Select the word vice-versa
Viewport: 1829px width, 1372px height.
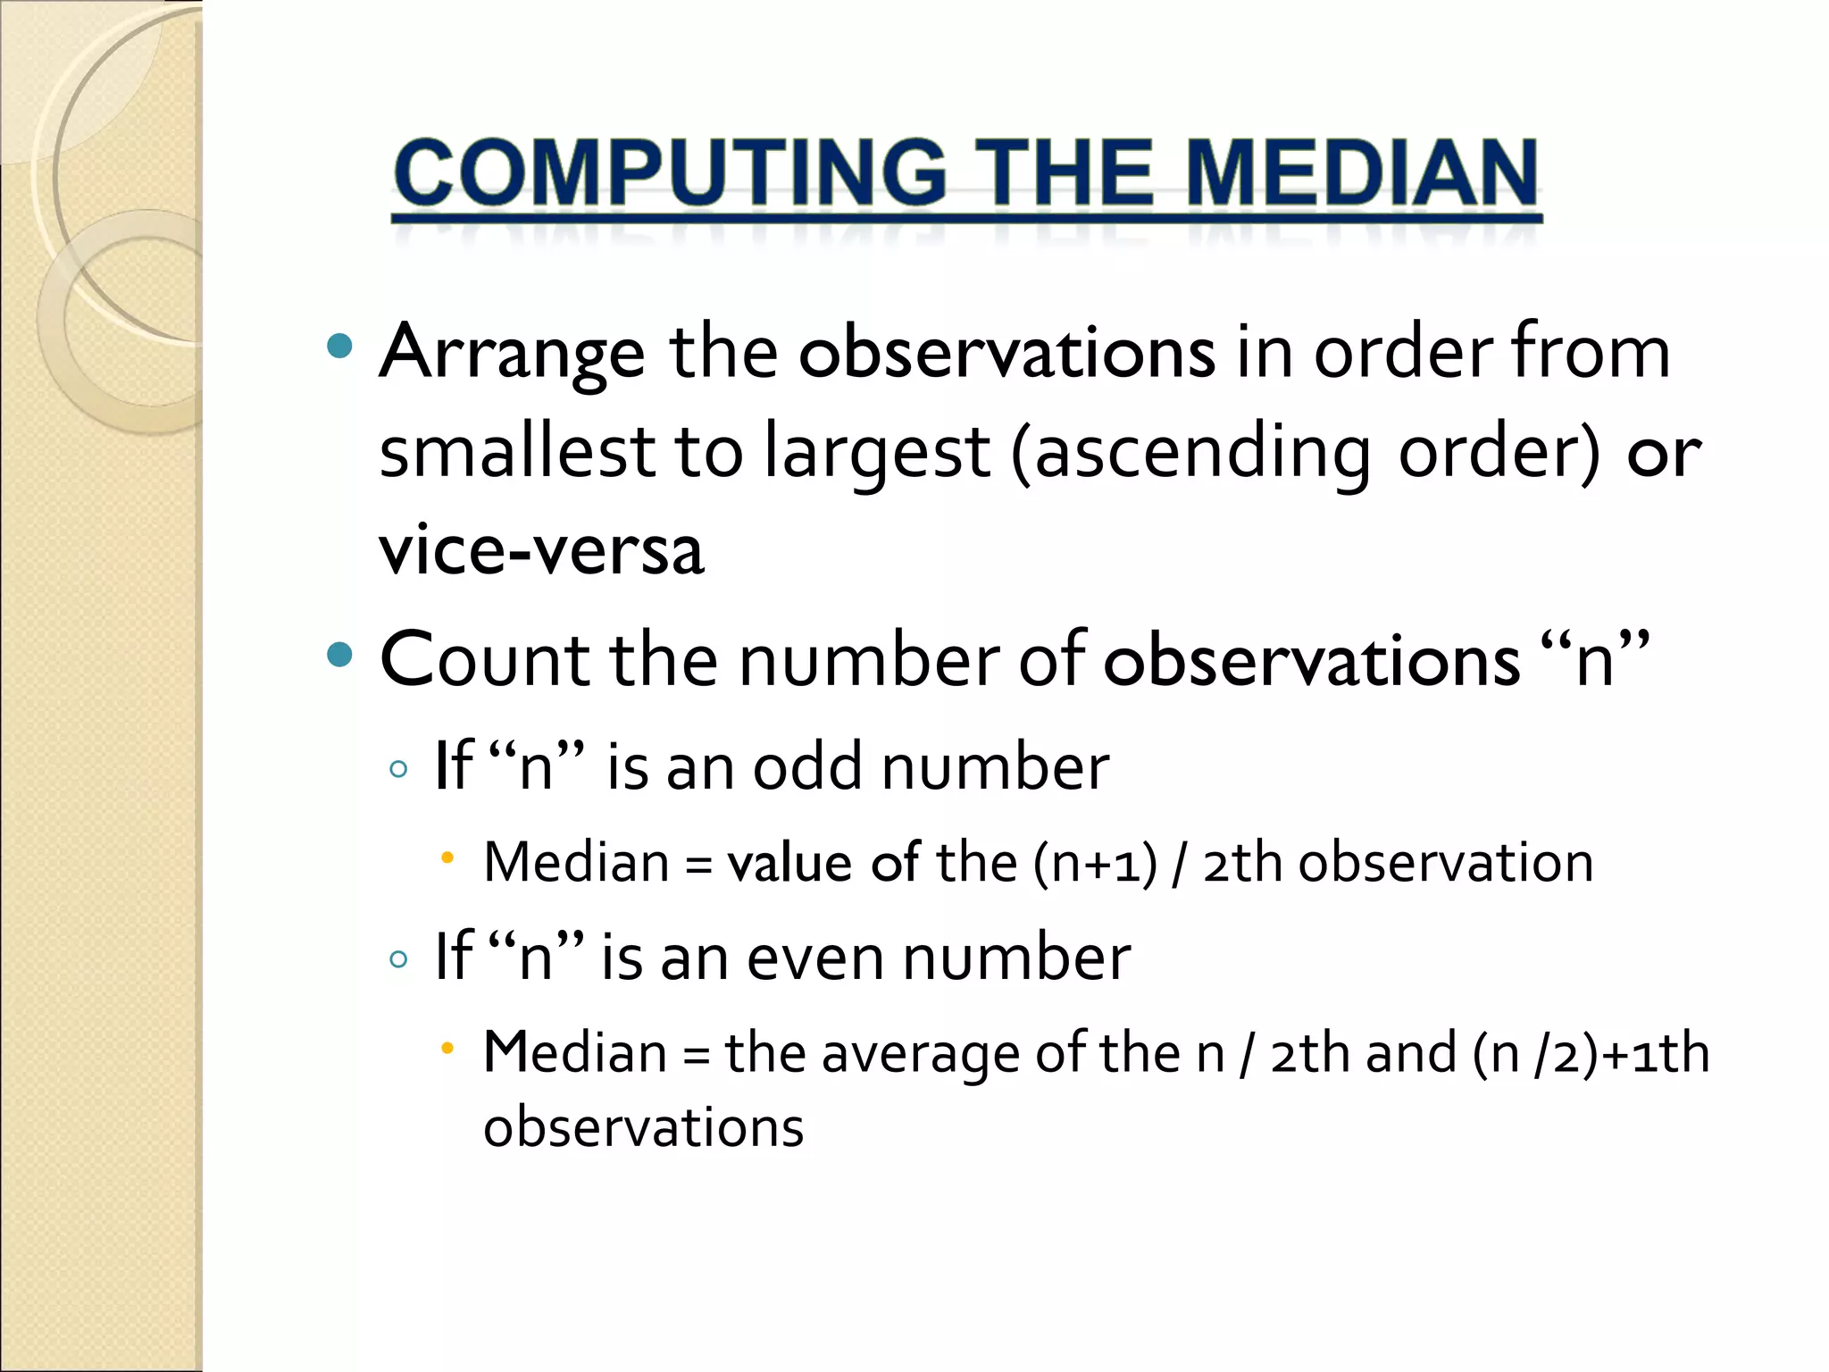click(541, 549)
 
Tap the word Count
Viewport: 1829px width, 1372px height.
click(483, 660)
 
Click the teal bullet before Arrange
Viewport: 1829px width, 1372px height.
click(340, 347)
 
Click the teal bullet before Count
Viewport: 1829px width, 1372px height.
click(340, 656)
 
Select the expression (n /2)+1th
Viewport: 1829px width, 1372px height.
click(1590, 1053)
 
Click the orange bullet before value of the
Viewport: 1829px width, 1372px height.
click(448, 858)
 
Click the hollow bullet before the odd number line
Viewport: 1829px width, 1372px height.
click(399, 769)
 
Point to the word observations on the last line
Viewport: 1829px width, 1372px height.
click(643, 1127)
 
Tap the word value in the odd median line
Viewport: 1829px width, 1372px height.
click(789, 864)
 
